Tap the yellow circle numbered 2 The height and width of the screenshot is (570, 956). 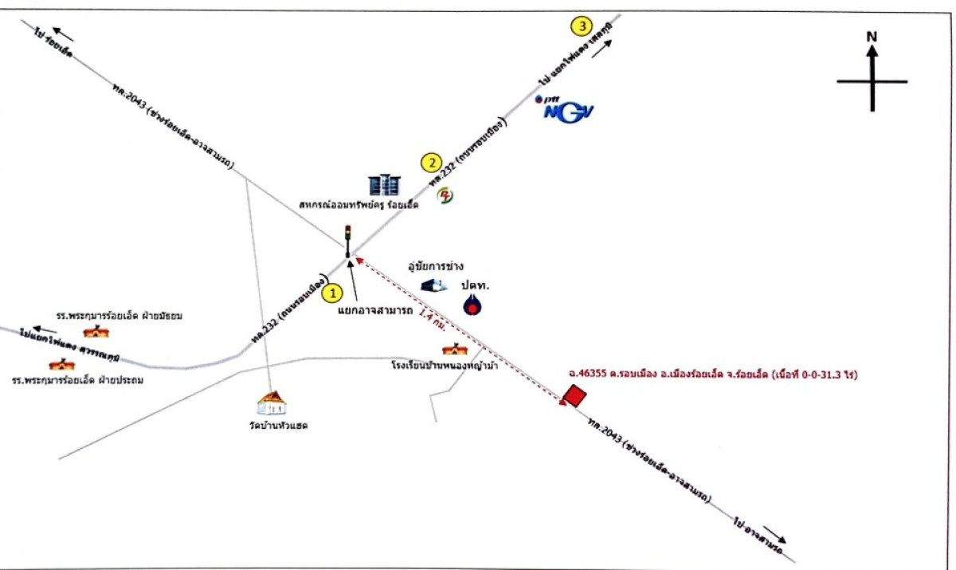pos(431,163)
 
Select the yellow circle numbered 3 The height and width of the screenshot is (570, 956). pos(582,26)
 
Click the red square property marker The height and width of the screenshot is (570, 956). pos(574,394)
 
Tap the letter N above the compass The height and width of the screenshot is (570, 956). pos(872,37)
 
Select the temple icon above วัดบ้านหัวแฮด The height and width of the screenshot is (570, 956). pos(272,403)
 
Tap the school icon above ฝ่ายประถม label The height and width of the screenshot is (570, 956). pos(61,364)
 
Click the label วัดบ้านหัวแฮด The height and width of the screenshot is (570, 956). pos(278,426)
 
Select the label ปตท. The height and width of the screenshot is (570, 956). pos(477,285)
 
